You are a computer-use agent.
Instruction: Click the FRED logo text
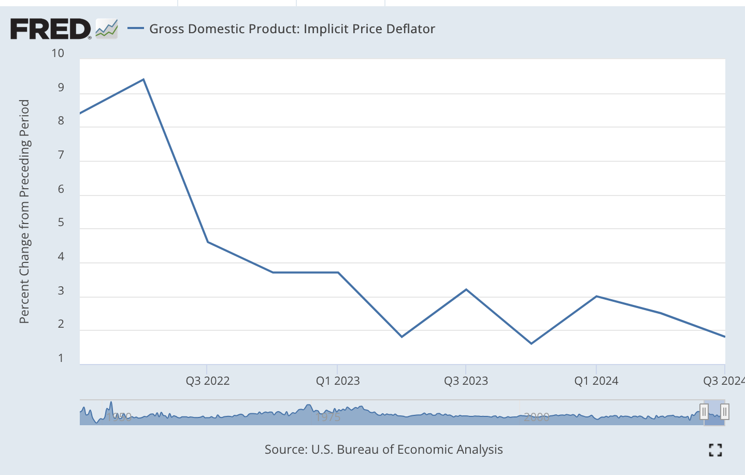50,29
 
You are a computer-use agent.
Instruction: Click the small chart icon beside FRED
107,29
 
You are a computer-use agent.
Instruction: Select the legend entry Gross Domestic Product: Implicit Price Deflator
292,29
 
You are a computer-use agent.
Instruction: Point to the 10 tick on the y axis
58,53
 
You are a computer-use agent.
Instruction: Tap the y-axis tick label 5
61,222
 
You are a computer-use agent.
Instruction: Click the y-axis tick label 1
61,358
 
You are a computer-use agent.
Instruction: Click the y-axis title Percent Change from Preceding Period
24,212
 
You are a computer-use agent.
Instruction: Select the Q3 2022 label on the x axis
207,381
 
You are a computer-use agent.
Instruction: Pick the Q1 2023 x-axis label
338,381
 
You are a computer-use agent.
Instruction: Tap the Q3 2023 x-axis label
466,381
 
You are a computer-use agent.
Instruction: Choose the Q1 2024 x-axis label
596,381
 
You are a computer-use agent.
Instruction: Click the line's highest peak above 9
144,79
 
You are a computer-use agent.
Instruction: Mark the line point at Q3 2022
207,242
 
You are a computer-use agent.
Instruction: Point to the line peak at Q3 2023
466,289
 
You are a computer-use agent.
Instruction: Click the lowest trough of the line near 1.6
532,343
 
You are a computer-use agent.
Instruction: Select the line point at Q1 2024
596,296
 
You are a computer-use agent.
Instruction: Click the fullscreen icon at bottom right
715,450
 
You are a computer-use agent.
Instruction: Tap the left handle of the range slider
704,412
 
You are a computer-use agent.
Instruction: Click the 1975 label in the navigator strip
328,417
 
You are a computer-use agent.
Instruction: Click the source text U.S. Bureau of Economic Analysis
383,450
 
